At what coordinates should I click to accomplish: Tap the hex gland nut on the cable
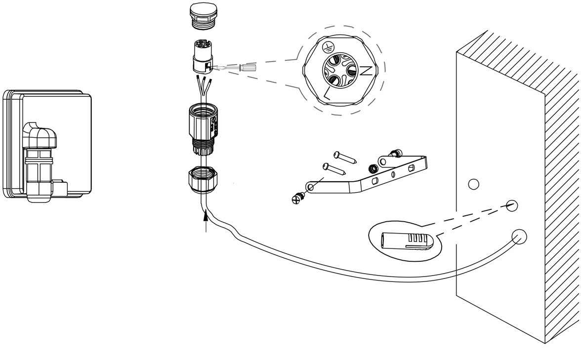coord(203,179)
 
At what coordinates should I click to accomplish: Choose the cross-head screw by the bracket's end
coord(297,199)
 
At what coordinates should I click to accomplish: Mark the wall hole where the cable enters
coord(518,238)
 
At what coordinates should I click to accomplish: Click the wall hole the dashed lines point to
coord(512,204)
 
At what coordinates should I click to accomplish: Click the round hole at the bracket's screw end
coord(310,187)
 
